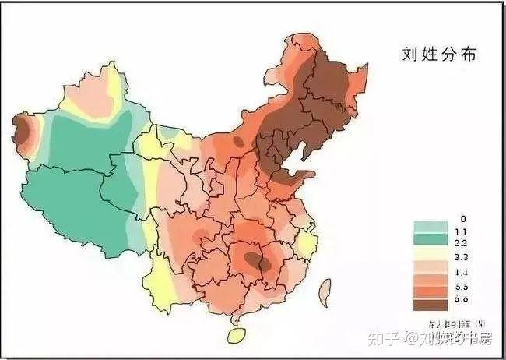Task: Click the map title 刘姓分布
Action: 440,55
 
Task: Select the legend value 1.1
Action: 462,231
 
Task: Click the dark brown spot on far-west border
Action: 23,132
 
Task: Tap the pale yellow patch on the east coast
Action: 307,243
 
